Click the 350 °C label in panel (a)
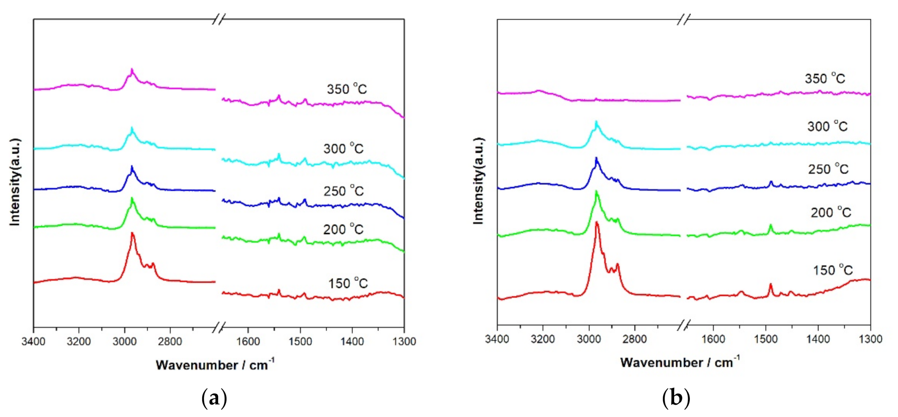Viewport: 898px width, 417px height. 347,89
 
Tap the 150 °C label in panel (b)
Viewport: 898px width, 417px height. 833,270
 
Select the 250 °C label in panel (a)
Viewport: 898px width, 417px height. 343,191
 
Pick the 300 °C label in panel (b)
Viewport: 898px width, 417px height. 827,126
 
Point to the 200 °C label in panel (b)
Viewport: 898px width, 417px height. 831,212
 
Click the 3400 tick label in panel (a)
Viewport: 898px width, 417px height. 34,341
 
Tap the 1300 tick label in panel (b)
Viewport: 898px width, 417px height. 870,339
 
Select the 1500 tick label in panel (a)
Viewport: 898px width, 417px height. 300,341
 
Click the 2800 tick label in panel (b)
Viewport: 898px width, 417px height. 635,339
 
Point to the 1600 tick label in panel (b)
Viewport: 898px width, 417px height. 713,339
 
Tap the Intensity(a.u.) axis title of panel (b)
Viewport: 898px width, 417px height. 479,181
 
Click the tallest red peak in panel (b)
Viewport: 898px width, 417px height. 597,223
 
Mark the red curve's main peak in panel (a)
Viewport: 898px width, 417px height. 132,233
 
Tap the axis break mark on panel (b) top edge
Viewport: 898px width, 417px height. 684,20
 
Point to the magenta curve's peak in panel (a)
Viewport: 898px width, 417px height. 132,70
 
